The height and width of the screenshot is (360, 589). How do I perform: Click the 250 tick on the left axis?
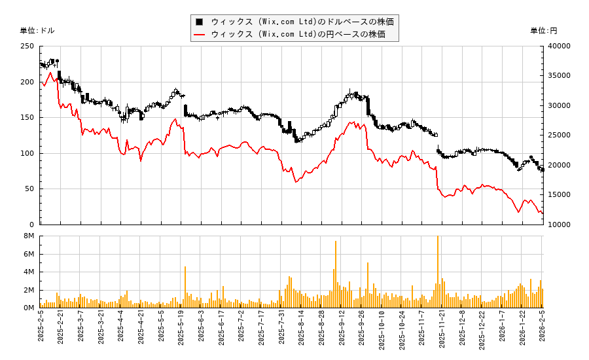pyautogui.click(x=27, y=46)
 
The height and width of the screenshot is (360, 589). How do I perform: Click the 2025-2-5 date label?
pyautogui.click(x=42, y=333)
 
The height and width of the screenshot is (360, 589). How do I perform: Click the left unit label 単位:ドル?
pyautogui.click(x=37, y=31)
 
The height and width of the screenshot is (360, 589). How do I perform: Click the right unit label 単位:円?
pyautogui.click(x=544, y=31)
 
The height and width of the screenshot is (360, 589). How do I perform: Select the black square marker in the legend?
pyautogui.click(x=200, y=22)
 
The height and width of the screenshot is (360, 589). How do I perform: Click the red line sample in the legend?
pyautogui.click(x=200, y=34)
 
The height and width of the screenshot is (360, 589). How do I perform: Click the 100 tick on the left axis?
pyautogui.click(x=27, y=153)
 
